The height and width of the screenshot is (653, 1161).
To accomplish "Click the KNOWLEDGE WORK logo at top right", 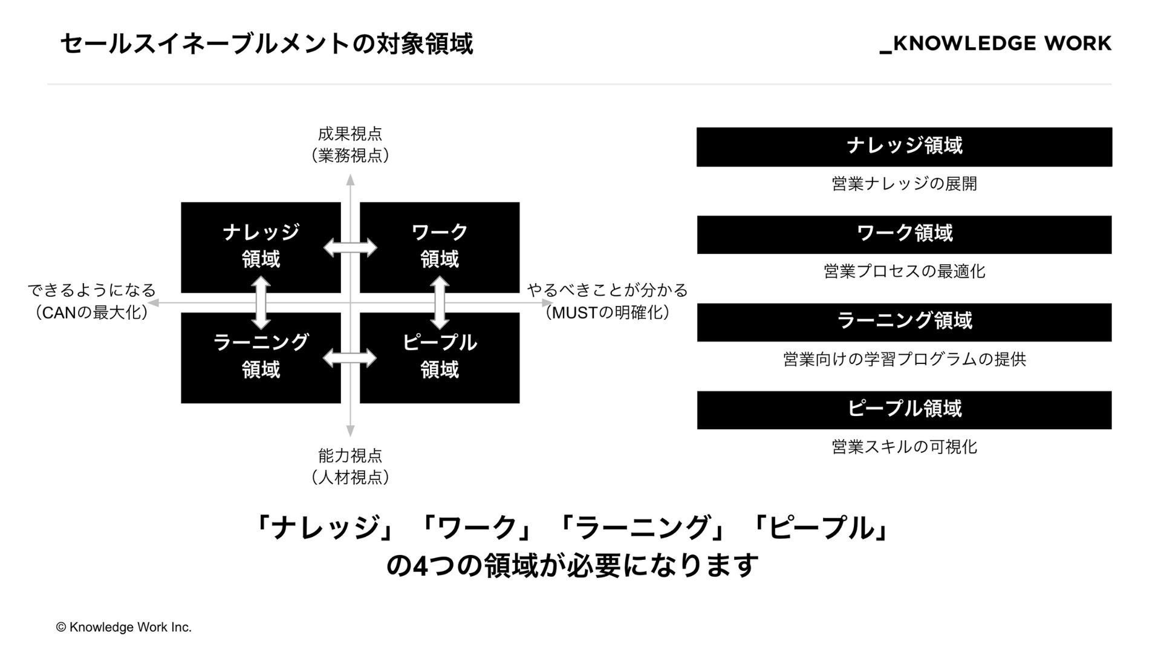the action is [995, 44].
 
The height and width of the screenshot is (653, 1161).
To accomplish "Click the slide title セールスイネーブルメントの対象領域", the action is [266, 44].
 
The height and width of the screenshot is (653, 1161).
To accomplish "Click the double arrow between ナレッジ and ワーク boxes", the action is [350, 247].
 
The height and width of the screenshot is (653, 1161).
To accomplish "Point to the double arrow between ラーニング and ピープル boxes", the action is [350, 358].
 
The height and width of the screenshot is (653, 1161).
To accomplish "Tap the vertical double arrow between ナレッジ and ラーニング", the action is [261, 303].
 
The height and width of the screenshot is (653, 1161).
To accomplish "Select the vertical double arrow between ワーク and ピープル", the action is [440, 303].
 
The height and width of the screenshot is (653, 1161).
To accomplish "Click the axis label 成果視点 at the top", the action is [350, 134].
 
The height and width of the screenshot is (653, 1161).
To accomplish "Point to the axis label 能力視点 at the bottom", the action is [350, 455].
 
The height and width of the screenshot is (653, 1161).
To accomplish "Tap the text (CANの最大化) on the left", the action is [91, 313].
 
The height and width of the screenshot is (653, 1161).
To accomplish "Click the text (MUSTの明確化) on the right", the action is [607, 313].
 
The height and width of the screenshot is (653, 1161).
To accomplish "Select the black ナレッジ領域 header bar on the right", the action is [904, 146].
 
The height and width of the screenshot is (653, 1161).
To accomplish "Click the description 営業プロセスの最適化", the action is [904, 271].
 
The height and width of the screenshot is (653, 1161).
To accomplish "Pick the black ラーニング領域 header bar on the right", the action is [904, 322].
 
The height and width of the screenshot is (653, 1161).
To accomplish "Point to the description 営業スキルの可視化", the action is [904, 447].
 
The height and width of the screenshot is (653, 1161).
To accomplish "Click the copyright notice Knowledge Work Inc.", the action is [124, 628].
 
